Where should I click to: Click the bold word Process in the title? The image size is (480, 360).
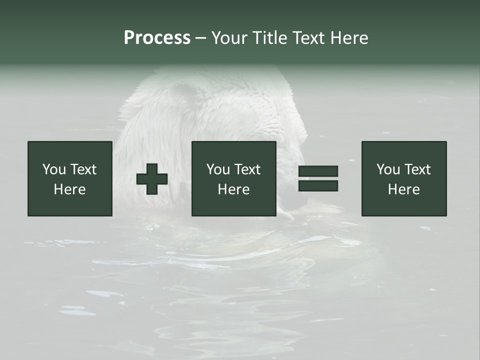click(x=157, y=38)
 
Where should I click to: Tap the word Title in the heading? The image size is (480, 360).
click(x=270, y=38)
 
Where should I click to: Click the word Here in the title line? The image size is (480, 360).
click(x=349, y=38)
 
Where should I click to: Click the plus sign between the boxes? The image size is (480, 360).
click(x=152, y=179)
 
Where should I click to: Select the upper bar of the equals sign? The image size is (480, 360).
click(x=318, y=171)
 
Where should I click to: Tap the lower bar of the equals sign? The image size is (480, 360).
click(x=318, y=185)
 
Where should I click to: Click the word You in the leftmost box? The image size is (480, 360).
click(x=54, y=169)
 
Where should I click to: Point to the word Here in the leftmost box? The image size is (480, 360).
click(x=69, y=189)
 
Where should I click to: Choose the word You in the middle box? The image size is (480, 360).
click(x=218, y=169)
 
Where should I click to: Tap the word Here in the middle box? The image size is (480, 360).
click(x=233, y=189)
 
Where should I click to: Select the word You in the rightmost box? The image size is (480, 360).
click(x=388, y=169)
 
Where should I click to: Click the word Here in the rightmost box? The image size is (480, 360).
click(x=403, y=189)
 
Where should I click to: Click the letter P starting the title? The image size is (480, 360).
click(x=129, y=38)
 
